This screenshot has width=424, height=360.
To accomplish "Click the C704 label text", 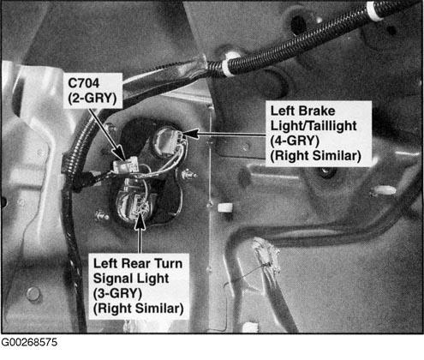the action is pyautogui.click(x=84, y=83).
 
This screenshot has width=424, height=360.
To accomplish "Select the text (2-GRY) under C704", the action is pyautogui.click(x=93, y=99).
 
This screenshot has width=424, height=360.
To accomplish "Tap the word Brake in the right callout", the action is pyautogui.click(x=319, y=111).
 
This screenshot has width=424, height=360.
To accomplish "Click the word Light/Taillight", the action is pyautogui.click(x=314, y=126).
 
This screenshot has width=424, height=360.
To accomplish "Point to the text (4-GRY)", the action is pyautogui.click(x=295, y=141).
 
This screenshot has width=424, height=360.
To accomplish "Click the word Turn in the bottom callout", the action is pyautogui.click(x=168, y=263).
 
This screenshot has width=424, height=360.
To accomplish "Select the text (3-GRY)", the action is pyautogui.click(x=117, y=293).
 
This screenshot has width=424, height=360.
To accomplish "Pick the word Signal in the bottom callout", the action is pyautogui.click(x=111, y=279).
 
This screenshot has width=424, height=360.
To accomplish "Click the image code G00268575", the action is pyautogui.click(x=29, y=342).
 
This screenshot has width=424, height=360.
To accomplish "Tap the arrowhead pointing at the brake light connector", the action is pyautogui.click(x=191, y=134).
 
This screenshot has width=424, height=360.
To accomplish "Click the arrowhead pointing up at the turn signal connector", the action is pyautogui.click(x=140, y=221).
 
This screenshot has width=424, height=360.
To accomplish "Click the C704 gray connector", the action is pyautogui.click(x=125, y=166).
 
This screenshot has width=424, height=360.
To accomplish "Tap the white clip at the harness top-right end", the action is pyautogui.click(x=374, y=11).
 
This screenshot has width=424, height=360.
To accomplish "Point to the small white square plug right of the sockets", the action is pyautogui.click(x=225, y=207).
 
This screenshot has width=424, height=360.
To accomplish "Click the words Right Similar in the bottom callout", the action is pyautogui.click(x=139, y=309).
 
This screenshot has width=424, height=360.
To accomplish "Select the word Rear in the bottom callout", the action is pyautogui.click(x=138, y=263).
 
